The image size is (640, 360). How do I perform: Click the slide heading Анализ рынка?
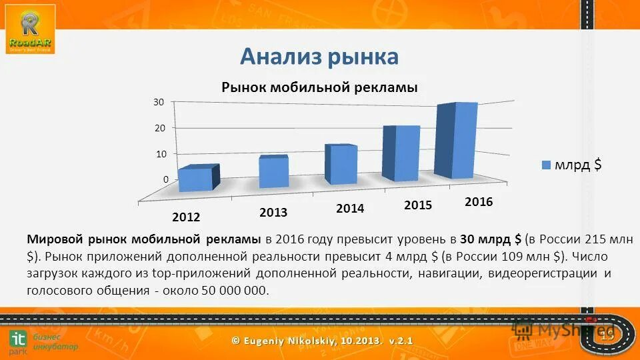point(319,57)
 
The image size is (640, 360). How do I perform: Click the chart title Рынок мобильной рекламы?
point(319,87)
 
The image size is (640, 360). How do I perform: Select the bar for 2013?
point(273,171)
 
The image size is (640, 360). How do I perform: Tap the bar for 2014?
point(341,165)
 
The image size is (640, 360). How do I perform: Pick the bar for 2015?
point(401,153)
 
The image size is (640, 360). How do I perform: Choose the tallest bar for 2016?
point(456,141)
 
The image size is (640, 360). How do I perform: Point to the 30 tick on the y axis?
point(159,102)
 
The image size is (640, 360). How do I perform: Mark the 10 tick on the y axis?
point(160,154)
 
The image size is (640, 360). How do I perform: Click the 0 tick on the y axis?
point(164,180)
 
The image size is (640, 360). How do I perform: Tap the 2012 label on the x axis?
point(185,217)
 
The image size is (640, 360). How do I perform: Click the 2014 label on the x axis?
point(350,209)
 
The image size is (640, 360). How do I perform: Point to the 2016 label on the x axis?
point(478,202)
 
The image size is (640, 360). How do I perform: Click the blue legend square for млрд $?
point(546,165)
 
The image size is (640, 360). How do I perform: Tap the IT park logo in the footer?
point(17,341)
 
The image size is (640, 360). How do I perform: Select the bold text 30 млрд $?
point(491,239)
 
